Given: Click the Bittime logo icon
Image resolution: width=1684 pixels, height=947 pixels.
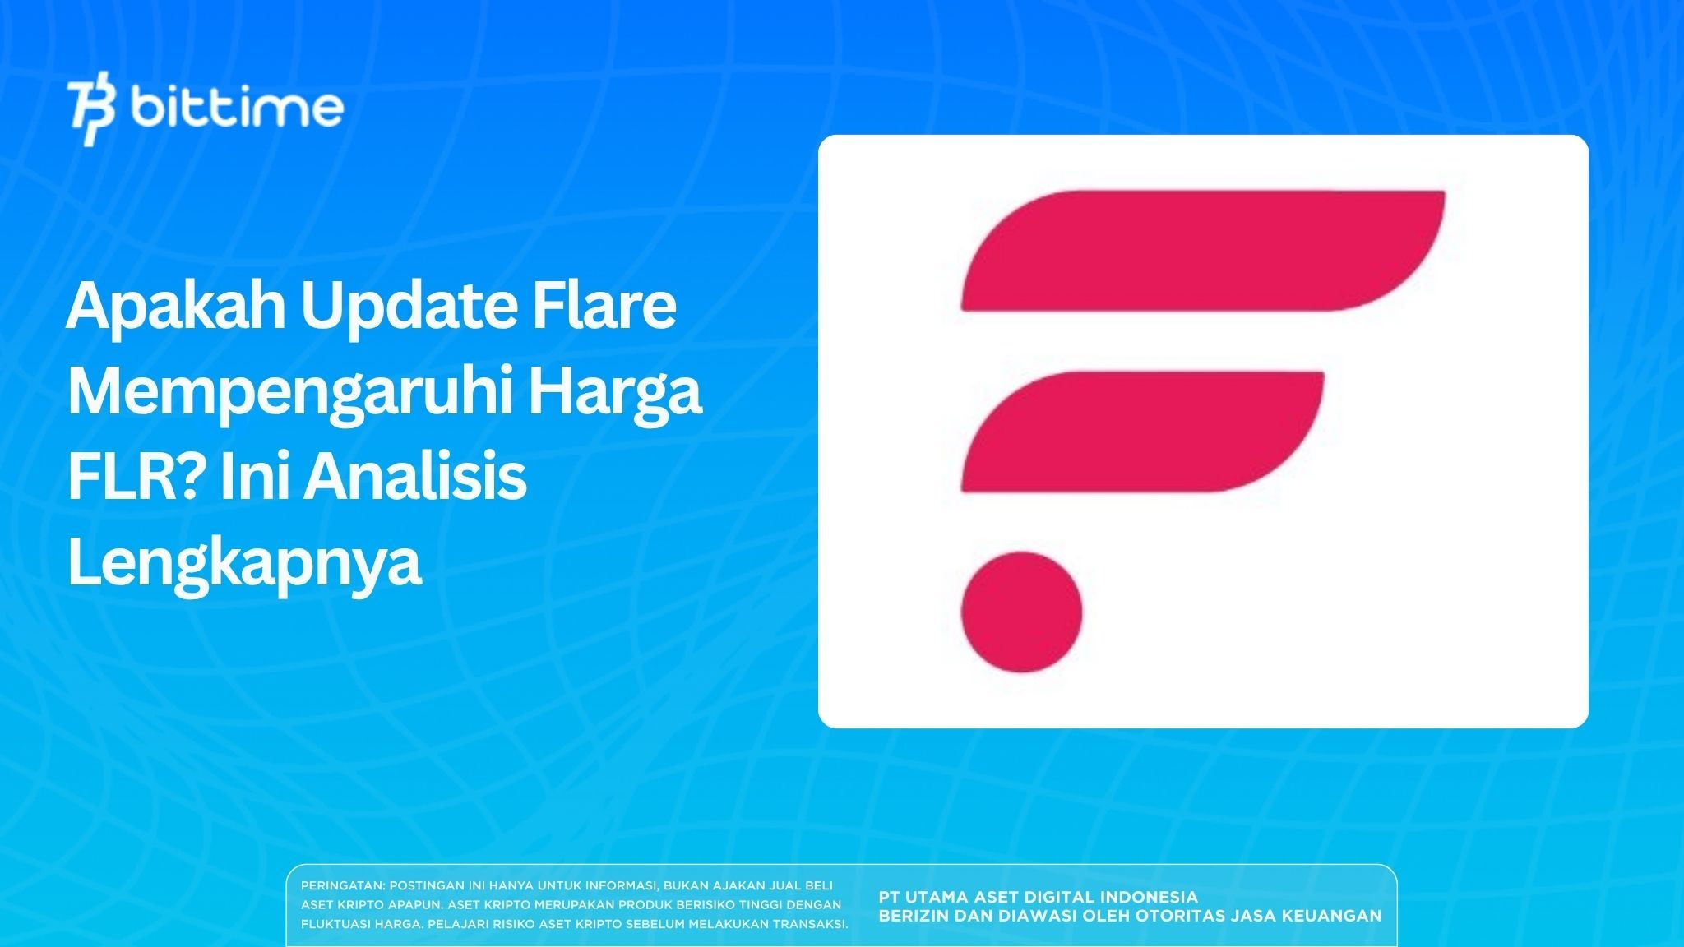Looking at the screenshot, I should pos(92,112).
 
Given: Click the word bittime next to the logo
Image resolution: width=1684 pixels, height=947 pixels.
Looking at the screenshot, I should pos(237,109).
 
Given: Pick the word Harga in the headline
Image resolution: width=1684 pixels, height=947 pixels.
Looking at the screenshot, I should pos(615,393).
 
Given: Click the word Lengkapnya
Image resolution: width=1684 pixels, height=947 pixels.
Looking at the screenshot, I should pos(244,566).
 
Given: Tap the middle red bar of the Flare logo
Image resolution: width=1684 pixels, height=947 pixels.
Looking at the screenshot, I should pos(1142,432).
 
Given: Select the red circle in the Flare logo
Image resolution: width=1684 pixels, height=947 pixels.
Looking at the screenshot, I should pos(1021,612).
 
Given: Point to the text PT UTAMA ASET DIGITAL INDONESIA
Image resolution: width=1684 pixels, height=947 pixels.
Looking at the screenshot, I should pos(1038,897).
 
